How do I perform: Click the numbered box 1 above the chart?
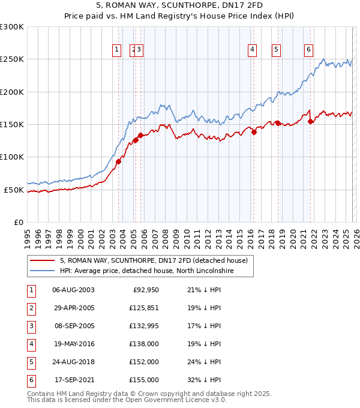pyautogui.click(x=116, y=50)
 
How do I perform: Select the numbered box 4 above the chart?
pyautogui.click(x=253, y=50)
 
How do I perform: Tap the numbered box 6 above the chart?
pyautogui.click(x=308, y=50)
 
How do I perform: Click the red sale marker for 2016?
pyautogui.click(x=254, y=133)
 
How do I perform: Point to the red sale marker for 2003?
pyautogui.click(x=118, y=161)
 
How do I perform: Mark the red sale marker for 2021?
pyautogui.click(x=310, y=121)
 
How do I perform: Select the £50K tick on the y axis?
pyautogui.click(x=14, y=190)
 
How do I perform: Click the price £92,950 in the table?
pyautogui.click(x=145, y=290)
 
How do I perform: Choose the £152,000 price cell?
pyautogui.click(x=144, y=362)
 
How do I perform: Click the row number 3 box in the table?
pyautogui.click(x=31, y=326)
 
